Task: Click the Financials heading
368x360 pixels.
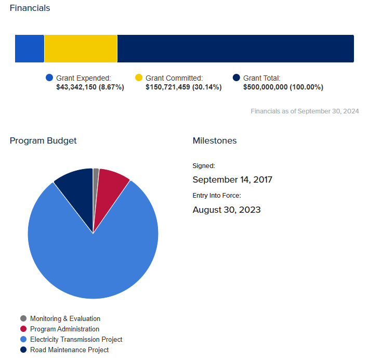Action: click(x=30, y=8)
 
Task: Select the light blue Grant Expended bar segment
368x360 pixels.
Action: click(x=30, y=49)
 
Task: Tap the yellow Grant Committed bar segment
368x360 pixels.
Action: click(x=81, y=49)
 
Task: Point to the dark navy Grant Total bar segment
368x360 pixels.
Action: click(x=235, y=49)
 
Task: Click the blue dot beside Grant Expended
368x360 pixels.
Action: click(x=49, y=78)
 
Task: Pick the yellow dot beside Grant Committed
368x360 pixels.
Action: click(x=139, y=78)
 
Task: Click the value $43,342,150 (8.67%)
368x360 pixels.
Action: click(x=90, y=87)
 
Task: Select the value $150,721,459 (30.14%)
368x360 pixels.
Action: click(x=183, y=87)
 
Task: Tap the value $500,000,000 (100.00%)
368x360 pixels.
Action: click(x=283, y=87)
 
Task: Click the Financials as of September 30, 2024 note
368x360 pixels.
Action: click(x=305, y=111)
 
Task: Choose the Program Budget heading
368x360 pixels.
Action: click(x=43, y=141)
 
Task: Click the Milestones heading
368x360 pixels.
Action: click(x=215, y=141)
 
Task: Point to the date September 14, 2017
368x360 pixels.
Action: click(x=232, y=180)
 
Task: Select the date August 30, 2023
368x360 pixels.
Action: click(x=227, y=210)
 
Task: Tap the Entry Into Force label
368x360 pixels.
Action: click(x=217, y=196)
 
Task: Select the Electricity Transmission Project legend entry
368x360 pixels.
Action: click(x=76, y=339)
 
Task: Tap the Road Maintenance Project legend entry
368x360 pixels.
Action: click(x=69, y=350)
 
